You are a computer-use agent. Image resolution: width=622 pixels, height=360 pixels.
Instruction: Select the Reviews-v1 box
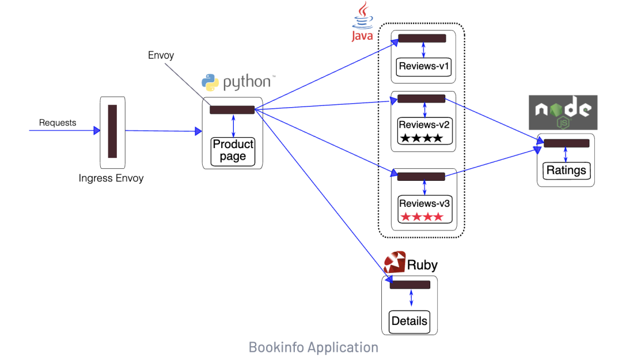[424, 66]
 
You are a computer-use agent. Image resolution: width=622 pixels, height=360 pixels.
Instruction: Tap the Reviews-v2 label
[424, 124]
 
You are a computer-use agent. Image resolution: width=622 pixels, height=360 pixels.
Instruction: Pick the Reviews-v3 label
[424, 203]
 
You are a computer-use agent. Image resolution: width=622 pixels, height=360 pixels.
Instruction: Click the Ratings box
[566, 170]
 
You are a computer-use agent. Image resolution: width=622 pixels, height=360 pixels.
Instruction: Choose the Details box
[409, 321]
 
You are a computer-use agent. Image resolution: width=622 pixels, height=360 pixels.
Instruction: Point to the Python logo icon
[210, 82]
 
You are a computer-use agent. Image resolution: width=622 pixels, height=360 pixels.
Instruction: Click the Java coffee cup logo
[362, 14]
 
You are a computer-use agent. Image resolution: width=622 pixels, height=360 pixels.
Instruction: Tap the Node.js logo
[563, 112]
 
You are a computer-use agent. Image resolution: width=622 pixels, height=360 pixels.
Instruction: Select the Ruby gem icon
[395, 263]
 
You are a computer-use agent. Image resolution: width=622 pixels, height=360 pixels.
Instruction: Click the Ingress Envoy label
[111, 179]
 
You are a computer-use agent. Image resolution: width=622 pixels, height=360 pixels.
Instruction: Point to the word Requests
[58, 123]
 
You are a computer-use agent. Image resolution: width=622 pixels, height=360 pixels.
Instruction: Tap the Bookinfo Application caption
[313, 347]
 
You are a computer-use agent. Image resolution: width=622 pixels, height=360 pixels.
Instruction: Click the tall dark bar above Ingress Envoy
[112, 131]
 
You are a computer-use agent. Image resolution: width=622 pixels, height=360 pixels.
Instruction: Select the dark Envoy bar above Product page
[232, 110]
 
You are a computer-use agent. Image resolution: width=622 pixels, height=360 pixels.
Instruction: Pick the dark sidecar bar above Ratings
[566, 143]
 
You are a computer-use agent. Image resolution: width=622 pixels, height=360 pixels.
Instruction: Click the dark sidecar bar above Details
[410, 285]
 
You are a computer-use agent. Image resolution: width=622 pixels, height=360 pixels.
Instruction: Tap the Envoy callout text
[161, 55]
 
